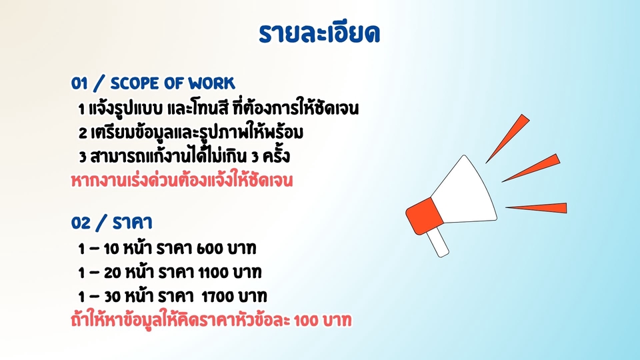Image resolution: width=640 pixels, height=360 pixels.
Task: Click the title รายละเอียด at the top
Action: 319,33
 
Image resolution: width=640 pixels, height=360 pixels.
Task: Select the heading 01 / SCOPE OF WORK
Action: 153,83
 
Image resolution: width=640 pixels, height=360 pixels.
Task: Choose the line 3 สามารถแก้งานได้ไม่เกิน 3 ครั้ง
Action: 183,157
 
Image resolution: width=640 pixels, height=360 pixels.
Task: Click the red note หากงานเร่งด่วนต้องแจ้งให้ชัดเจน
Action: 182,181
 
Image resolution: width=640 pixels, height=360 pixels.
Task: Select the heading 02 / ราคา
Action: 113,222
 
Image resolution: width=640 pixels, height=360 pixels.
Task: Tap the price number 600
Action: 209,249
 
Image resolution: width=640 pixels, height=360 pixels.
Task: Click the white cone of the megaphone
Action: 467,190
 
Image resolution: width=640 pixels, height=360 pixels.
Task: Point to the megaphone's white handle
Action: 438,243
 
